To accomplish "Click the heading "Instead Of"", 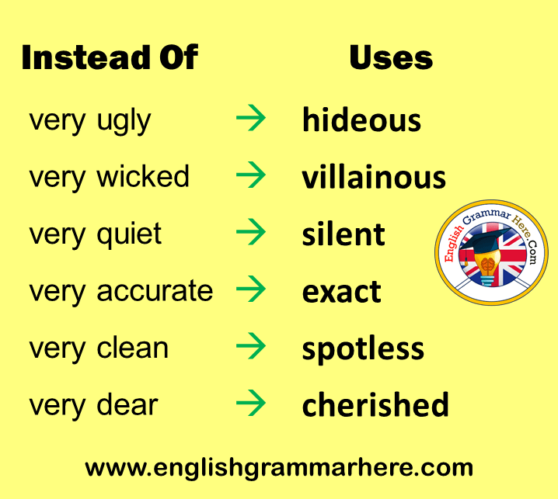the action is coord(110,57).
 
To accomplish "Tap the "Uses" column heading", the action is coord(391,57).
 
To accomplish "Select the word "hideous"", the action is coord(361,120).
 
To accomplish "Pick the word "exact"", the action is coord(342,292).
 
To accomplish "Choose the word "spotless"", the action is coord(363,350).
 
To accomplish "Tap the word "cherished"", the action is coord(375,404).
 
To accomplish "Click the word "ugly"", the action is coord(124,123).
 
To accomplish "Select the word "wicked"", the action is coord(143,176).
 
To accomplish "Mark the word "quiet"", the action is coord(129,236).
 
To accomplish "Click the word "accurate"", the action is coord(155,292).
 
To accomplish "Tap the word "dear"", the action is coord(127,404).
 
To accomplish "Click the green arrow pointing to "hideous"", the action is coord(251,118).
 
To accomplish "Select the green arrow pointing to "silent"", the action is coord(251,232).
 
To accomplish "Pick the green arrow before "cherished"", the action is coord(251,403).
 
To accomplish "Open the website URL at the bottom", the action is coord(279,468).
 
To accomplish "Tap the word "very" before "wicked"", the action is coord(58,179).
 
